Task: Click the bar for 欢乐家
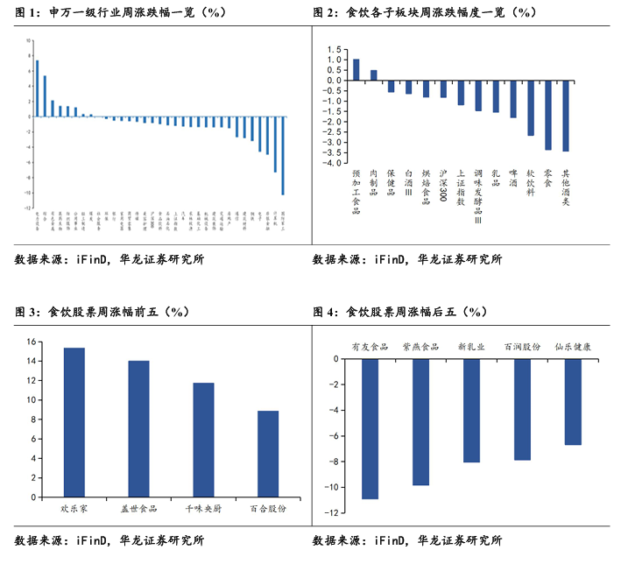point(74,423)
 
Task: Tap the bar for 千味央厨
point(203,440)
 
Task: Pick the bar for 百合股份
point(268,454)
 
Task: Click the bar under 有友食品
point(369,428)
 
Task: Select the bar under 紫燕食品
point(420,421)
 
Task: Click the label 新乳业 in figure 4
point(471,347)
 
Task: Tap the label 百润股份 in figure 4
point(522,347)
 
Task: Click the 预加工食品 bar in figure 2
point(356,70)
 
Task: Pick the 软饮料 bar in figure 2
point(531,108)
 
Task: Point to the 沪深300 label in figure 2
point(443,187)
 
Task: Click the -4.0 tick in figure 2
point(333,164)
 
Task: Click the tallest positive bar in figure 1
point(37,88)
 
